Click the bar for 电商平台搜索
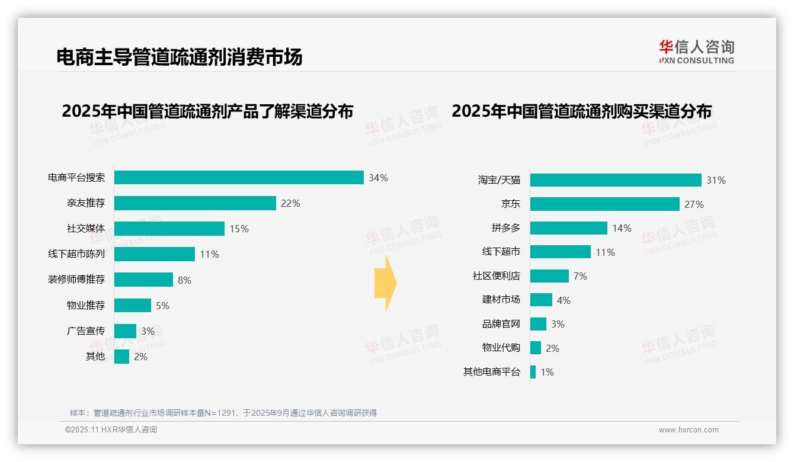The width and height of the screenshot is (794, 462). pyautogui.click(x=239, y=178)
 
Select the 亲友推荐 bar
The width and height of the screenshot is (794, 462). pyautogui.click(x=195, y=203)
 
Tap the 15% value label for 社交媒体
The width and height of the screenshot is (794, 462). pyautogui.click(x=239, y=229)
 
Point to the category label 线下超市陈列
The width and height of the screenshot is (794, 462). pyautogui.click(x=76, y=254)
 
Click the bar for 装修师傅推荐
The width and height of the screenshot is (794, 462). pyautogui.click(x=143, y=280)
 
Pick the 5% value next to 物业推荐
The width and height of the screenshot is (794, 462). pyautogui.click(x=162, y=306)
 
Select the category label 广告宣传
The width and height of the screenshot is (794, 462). pyautogui.click(x=86, y=331)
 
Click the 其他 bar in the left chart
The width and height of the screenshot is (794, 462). pyautogui.click(x=121, y=357)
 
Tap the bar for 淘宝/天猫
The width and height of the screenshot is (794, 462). pyautogui.click(x=616, y=180)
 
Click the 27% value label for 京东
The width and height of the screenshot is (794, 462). pyautogui.click(x=694, y=204)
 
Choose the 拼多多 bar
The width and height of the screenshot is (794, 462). pyautogui.click(x=569, y=228)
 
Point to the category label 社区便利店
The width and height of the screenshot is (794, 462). pyautogui.click(x=497, y=276)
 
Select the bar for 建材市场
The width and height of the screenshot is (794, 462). pyautogui.click(x=541, y=300)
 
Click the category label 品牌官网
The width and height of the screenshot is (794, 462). pyautogui.click(x=501, y=324)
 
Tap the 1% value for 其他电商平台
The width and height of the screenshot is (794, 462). pyautogui.click(x=547, y=372)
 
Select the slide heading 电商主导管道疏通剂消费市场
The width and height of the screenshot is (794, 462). pyautogui.click(x=180, y=57)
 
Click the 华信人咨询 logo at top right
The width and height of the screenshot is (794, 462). pyautogui.click(x=696, y=52)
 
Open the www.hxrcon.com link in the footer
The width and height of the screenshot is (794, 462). pyautogui.click(x=689, y=429)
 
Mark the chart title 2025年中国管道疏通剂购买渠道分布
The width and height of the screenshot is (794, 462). pyautogui.click(x=581, y=111)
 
